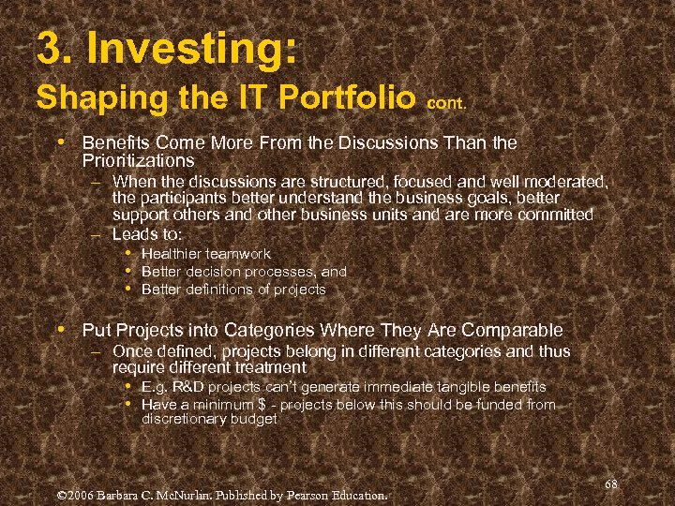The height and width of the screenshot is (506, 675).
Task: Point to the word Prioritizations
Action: (x=138, y=161)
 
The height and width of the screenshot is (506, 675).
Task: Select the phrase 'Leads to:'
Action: (x=146, y=233)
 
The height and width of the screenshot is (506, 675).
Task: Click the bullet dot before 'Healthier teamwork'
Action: (x=127, y=254)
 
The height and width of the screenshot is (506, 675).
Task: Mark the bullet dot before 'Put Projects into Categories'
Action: (x=60, y=330)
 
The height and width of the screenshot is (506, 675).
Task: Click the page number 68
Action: (x=610, y=484)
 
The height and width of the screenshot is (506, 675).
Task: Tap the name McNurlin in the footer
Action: (x=189, y=494)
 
